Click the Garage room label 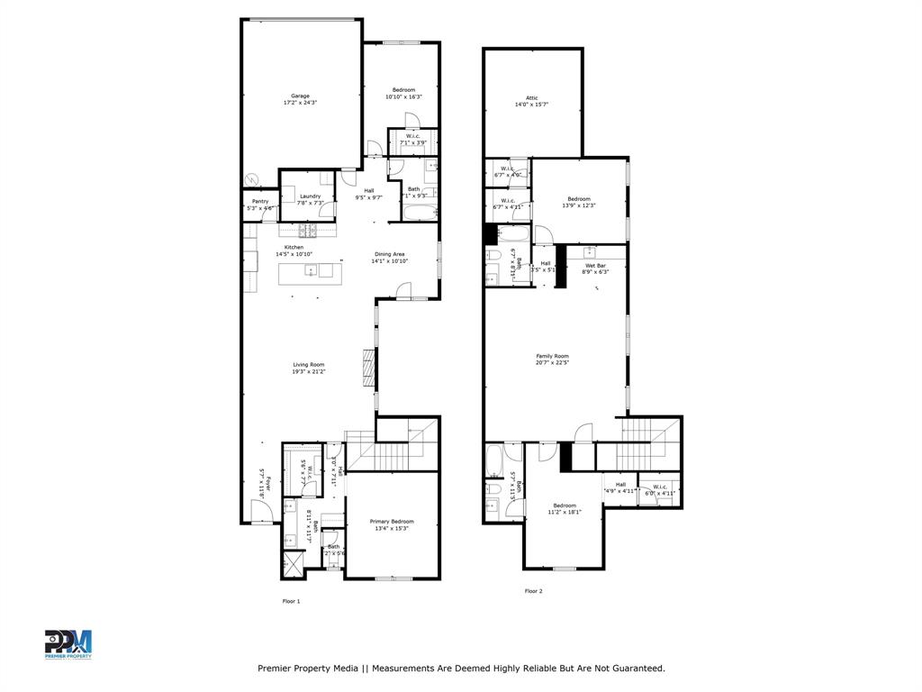coord(300,96)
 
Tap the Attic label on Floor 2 coord(531,97)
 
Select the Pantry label coord(260,201)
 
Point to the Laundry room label coord(311,196)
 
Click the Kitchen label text coord(294,247)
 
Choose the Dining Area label coord(390,254)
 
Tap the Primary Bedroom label coord(392,521)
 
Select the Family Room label coord(553,356)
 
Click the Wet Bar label coord(595,265)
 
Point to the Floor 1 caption coord(291,601)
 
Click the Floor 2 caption coord(534,591)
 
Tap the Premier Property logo coord(68,644)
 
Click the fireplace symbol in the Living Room coord(367,368)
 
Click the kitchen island coord(311,270)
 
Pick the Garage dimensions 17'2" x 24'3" coord(300,103)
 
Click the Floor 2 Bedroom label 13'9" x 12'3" coord(579,202)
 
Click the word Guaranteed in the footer coord(635,669)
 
